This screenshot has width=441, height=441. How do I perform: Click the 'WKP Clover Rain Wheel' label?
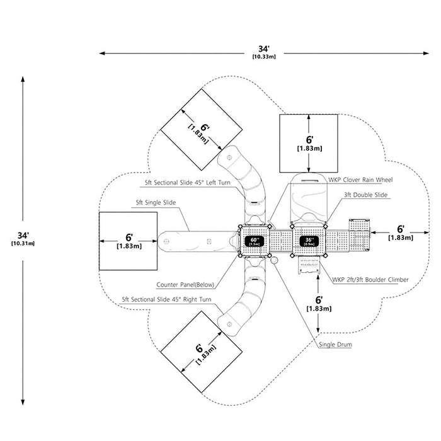(x=360, y=180)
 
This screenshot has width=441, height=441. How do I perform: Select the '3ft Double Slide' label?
(x=365, y=195)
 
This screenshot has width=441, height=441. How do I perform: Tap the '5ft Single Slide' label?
(x=156, y=202)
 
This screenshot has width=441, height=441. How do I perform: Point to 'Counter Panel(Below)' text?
(x=185, y=285)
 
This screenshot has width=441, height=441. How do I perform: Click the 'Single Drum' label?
(x=335, y=345)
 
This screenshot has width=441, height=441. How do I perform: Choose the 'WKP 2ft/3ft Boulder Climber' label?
(x=370, y=280)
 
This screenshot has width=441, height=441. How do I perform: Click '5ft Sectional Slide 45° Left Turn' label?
(x=188, y=183)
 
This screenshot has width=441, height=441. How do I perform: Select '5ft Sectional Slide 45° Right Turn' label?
(x=166, y=299)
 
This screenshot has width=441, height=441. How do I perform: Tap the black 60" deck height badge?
(x=255, y=241)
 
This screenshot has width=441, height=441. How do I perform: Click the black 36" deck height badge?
(x=309, y=241)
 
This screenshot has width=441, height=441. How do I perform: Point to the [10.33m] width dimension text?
(x=264, y=57)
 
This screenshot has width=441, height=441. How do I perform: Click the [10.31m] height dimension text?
(x=23, y=244)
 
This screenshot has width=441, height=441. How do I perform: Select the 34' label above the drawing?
(x=264, y=49)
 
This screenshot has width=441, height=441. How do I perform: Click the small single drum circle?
(x=274, y=260)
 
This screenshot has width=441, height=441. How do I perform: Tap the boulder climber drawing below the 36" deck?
(x=309, y=265)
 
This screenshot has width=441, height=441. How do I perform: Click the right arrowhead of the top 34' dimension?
(x=426, y=53)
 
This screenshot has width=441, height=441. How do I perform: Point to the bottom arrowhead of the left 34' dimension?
(x=23, y=402)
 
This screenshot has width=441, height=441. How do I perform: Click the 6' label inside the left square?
(x=129, y=238)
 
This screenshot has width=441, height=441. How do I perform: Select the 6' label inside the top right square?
(x=310, y=140)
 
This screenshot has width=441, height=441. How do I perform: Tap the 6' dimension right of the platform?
(x=401, y=229)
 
